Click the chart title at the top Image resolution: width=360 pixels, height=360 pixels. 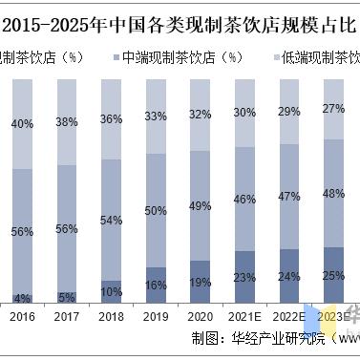click(180, 20)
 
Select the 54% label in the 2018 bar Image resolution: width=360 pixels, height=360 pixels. click(111, 220)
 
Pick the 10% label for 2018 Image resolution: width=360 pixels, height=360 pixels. click(111, 291)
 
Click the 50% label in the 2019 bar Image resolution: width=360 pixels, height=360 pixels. click(156, 210)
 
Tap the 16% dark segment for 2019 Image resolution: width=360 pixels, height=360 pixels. click(156, 286)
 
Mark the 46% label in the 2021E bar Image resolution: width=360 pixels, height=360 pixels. click(245, 200)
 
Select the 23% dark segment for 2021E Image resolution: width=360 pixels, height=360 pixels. click(245, 278)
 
